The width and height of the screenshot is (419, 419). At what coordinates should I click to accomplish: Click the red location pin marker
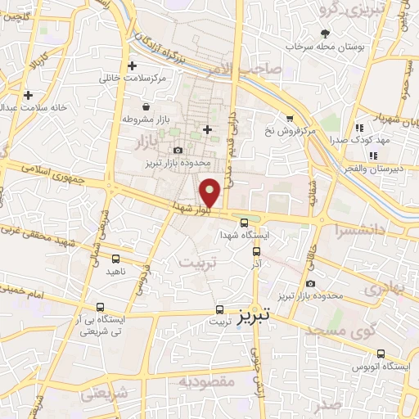(x=210, y=192)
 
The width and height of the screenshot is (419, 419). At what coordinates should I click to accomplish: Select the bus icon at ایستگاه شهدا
(x=244, y=223)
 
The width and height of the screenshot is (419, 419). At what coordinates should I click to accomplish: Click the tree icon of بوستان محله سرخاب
(x=326, y=34)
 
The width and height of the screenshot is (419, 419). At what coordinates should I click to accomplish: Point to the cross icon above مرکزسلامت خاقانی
(x=133, y=65)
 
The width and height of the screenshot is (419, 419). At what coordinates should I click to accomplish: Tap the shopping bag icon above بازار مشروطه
(x=146, y=106)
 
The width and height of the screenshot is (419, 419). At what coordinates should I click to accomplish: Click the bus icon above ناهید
(x=116, y=258)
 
